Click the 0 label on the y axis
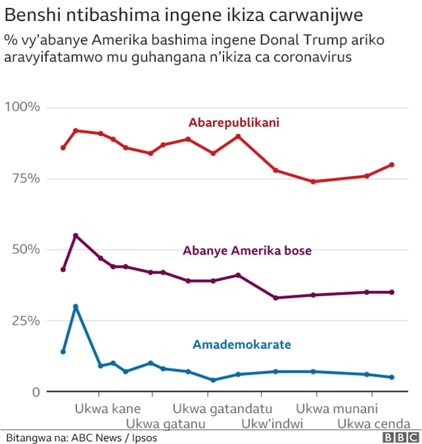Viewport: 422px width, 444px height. pyautogui.click(x=36, y=392)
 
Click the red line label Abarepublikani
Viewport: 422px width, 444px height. pyautogui.click(x=233, y=122)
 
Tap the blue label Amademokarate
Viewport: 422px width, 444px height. pyautogui.click(x=241, y=344)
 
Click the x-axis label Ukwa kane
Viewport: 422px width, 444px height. pyautogui.click(x=107, y=408)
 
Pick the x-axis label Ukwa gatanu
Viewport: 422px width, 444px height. pyautogui.click(x=166, y=424)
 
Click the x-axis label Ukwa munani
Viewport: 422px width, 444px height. pyautogui.click(x=337, y=408)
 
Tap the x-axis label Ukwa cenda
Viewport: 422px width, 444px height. pyautogui.click(x=374, y=424)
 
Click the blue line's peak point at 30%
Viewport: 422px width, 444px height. pyautogui.click(x=76, y=306)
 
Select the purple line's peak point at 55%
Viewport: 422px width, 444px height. pyautogui.click(x=76, y=236)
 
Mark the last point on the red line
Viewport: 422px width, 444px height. pyautogui.click(x=392, y=164)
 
